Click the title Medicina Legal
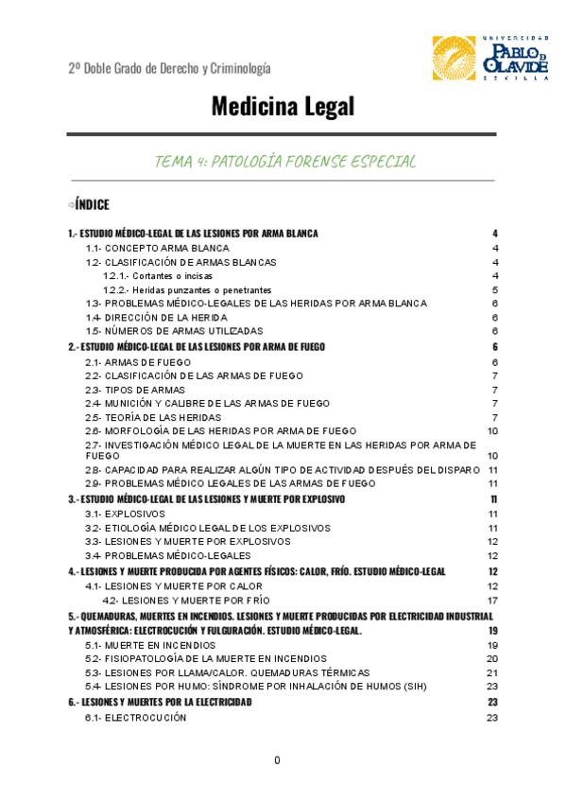[283, 107]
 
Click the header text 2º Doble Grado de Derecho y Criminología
[169, 68]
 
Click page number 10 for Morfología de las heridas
[492, 430]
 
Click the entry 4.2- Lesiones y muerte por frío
[185, 600]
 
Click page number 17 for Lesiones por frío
[492, 600]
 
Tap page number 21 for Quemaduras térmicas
[492, 671]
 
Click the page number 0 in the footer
[277, 760]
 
